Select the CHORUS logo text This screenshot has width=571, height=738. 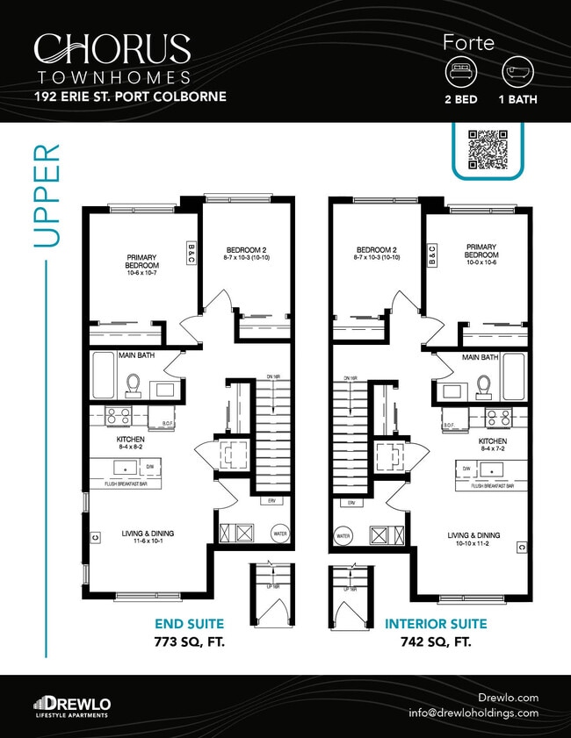(112, 48)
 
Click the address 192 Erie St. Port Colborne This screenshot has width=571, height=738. (130, 96)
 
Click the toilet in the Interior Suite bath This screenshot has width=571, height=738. (481, 384)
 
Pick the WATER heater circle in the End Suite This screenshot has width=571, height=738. (279, 534)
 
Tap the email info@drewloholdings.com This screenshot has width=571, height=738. (486, 713)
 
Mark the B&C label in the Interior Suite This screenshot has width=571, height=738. (430, 255)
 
